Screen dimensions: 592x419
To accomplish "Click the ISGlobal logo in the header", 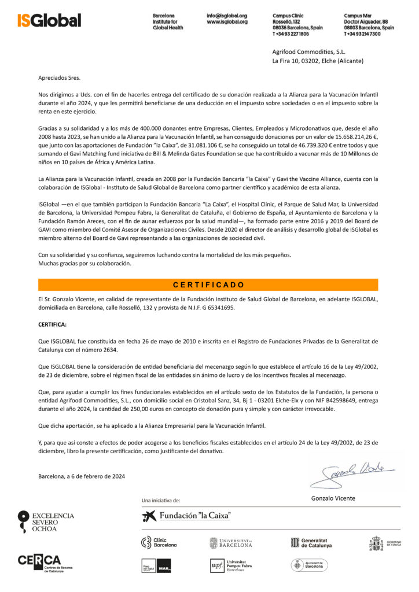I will tap(49, 20).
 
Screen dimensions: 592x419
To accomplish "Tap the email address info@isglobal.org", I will tap(227, 15).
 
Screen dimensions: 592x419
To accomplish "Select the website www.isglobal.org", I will tap(227, 21).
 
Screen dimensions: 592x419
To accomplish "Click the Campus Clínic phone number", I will tap(291, 34).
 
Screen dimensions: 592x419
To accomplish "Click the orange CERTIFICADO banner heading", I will tap(209, 284).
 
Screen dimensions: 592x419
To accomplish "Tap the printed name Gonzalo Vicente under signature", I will tap(333, 498).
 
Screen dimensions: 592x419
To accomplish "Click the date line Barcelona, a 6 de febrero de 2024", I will tap(82, 476).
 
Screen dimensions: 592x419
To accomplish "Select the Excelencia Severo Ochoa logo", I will tap(46, 521).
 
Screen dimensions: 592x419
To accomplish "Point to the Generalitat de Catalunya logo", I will tap(311, 543).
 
